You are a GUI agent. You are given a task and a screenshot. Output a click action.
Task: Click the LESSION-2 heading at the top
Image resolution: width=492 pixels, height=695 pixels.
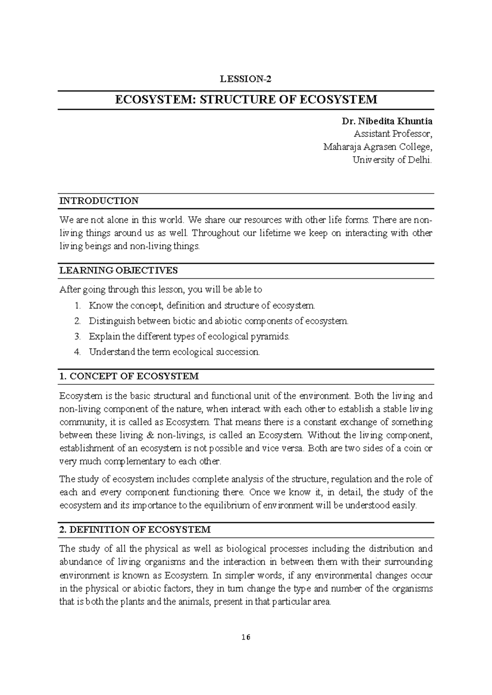[246, 79]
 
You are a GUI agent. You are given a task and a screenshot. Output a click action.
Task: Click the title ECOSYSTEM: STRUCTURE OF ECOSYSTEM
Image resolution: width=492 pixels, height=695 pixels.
[246, 100]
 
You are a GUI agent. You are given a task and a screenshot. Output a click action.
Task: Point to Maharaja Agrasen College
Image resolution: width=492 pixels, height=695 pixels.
[377, 147]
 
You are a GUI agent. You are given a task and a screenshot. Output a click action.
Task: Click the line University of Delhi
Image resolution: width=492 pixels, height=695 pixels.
[392, 160]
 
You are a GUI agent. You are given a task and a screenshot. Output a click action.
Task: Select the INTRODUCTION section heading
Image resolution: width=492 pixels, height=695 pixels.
[99, 201]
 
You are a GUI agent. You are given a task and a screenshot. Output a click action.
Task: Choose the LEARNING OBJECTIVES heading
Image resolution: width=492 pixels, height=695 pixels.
[118, 270]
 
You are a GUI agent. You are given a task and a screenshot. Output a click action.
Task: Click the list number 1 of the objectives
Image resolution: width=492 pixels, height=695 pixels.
[78, 306]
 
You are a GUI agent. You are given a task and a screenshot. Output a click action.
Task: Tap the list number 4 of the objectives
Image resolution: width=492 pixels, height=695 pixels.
[78, 352]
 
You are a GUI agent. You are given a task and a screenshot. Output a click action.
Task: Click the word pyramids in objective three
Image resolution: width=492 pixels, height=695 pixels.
[275, 337]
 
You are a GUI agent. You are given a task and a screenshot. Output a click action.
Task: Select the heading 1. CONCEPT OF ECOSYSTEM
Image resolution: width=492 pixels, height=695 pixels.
[129, 376]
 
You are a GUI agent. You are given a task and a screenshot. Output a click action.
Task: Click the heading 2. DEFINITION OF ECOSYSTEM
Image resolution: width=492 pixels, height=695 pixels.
[135, 529]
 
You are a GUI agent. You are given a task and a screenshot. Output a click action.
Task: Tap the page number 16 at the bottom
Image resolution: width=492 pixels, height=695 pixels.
[246, 637]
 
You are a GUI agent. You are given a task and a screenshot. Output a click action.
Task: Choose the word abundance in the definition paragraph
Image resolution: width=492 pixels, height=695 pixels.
[81, 562]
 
